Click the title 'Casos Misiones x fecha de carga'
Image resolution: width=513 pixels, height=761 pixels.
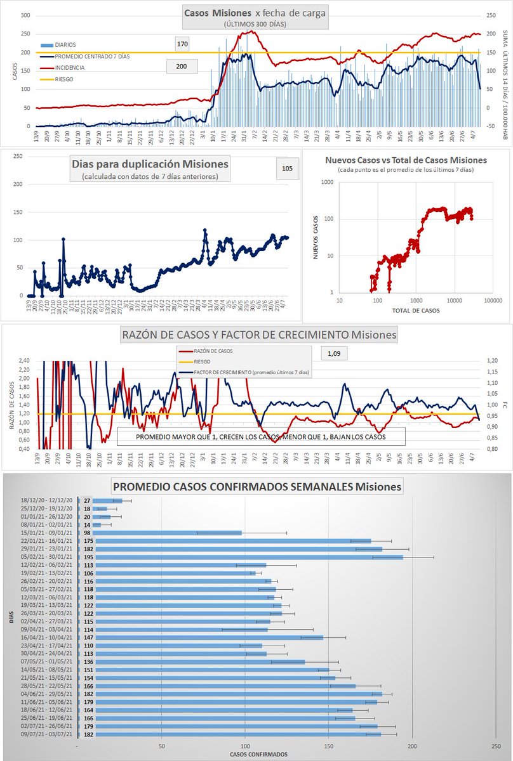[255, 13]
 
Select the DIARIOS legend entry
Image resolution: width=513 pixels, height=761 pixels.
[64, 45]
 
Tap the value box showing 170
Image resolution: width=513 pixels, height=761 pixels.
[183, 44]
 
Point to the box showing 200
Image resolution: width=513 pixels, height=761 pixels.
[182, 65]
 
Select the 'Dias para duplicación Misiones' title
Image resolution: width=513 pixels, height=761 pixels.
[150, 164]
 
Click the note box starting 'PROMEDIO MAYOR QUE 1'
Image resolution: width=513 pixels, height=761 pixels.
[260, 437]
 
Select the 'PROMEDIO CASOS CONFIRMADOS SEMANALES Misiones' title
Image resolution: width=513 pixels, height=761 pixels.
[257, 487]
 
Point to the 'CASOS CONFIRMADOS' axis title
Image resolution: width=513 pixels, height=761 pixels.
[258, 754]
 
